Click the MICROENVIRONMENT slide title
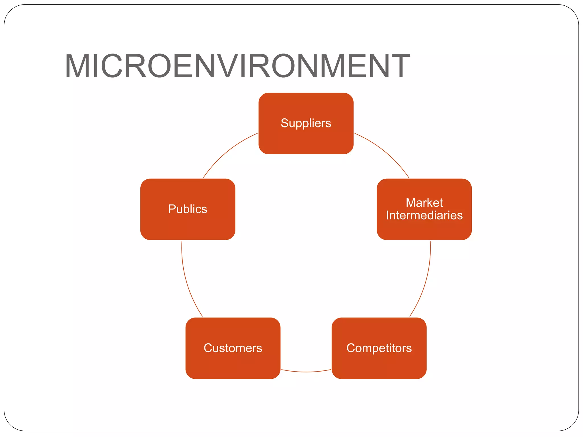click(x=237, y=66)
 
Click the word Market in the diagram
click(x=424, y=203)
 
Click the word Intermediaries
click(x=424, y=215)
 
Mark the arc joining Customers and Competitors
click(x=306, y=372)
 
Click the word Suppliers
click(x=306, y=123)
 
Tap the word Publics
click(x=188, y=209)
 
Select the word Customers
click(x=233, y=348)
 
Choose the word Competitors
click(x=379, y=348)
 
